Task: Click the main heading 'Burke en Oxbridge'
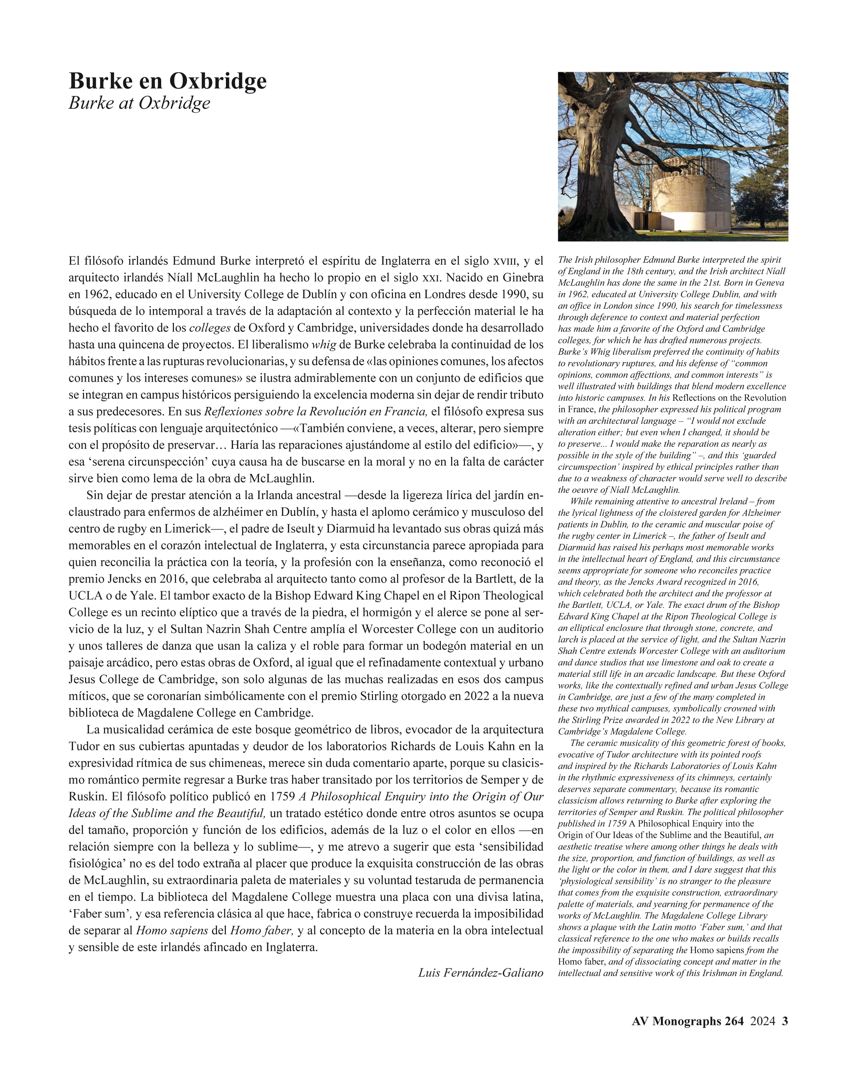(x=167, y=81)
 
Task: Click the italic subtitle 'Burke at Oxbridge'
(x=139, y=103)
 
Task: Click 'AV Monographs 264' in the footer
(x=687, y=1021)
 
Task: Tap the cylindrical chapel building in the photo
(x=690, y=198)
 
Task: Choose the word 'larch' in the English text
(x=568, y=640)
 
